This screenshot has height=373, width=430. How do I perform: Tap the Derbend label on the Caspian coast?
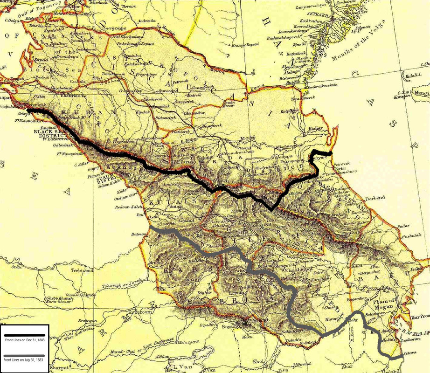coord(374,198)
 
